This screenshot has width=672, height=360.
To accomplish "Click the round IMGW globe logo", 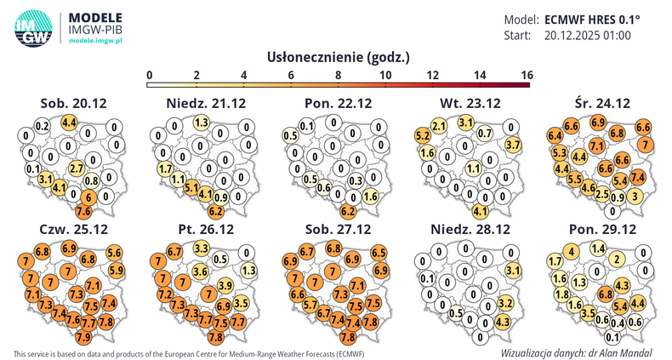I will (32, 29).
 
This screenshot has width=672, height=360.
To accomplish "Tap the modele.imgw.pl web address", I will (95, 41).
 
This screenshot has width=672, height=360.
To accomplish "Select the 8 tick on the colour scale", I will (339, 75).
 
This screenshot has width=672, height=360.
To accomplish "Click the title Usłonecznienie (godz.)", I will (339, 58).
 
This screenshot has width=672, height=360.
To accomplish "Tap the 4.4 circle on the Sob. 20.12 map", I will (71, 123).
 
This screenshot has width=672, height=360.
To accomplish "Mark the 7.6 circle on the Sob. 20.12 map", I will (83, 210).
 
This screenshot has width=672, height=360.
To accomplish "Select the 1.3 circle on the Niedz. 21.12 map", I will (202, 123).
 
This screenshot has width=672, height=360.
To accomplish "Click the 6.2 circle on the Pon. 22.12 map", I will (347, 210).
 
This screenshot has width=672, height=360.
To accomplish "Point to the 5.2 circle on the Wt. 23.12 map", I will (422, 135).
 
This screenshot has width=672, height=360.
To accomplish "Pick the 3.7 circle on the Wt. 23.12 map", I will (513, 146).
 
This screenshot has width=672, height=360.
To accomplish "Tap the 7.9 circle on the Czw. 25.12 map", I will (83, 338).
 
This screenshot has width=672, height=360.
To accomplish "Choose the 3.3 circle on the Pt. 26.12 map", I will (202, 249).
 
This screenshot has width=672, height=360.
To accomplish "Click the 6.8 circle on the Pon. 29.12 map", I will (605, 294).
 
